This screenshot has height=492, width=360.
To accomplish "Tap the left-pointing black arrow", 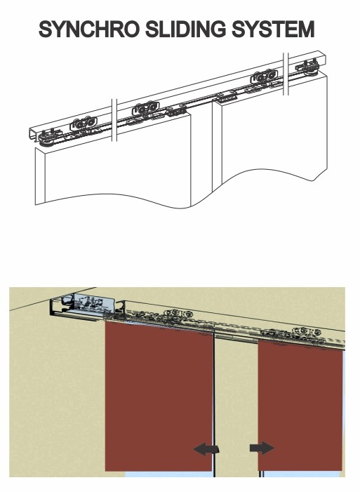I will (x=206, y=449).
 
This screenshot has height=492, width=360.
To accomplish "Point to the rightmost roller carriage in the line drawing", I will (x=308, y=71).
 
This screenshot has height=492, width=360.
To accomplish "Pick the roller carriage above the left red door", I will (x=173, y=317).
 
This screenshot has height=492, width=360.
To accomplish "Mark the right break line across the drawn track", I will (x=285, y=74).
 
